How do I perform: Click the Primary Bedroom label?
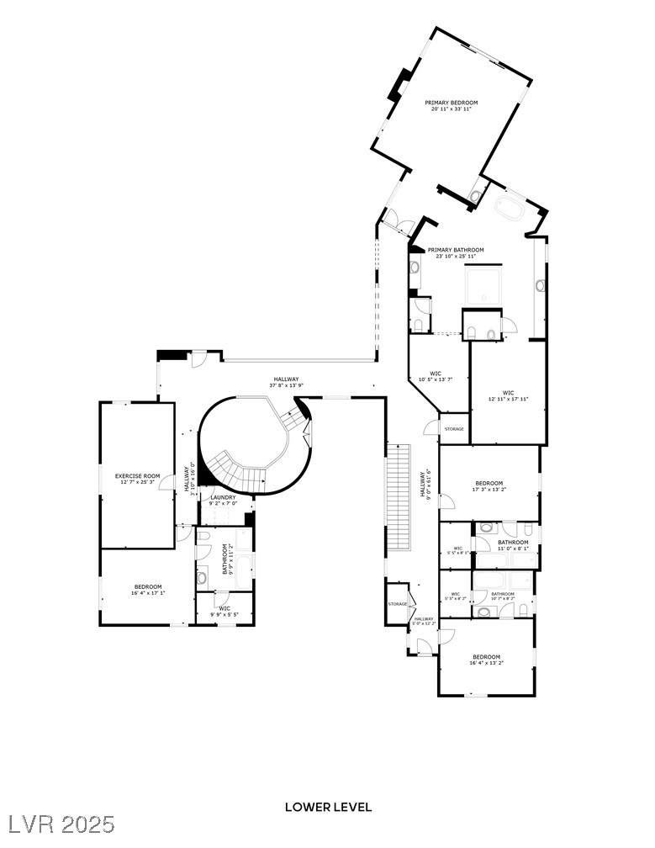[x=451, y=103]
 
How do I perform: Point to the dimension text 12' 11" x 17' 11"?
[x=508, y=399]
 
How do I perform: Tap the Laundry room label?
[x=223, y=497]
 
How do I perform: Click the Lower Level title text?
[x=328, y=807]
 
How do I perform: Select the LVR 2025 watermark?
[x=59, y=824]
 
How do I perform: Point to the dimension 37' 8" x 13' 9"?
[x=286, y=385]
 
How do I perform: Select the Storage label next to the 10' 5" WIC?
[x=454, y=429]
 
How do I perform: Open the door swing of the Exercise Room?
[x=168, y=484]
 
